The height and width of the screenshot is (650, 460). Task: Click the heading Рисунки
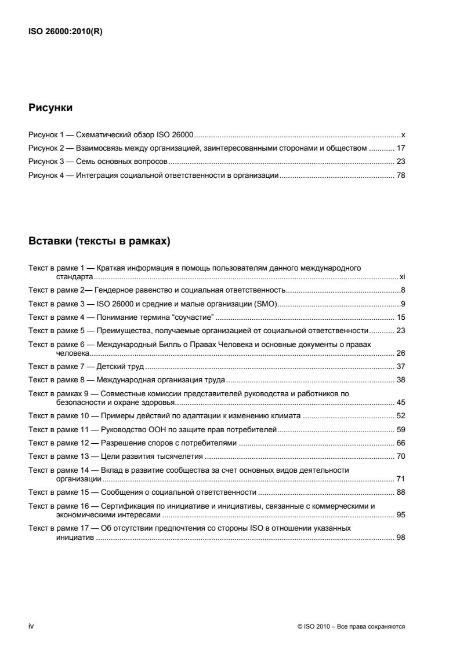tap(51, 108)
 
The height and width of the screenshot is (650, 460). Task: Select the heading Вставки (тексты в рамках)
tap(99, 242)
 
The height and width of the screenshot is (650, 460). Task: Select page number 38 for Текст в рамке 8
tap(400, 381)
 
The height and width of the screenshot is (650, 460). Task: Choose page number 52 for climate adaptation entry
tap(400, 416)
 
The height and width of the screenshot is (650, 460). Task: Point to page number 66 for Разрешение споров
tap(400, 443)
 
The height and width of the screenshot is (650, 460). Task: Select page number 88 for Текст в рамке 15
tap(400, 492)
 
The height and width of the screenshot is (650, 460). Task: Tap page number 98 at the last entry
tap(400, 538)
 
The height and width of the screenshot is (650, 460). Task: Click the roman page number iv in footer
tap(31, 626)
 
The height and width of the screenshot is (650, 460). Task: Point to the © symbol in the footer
tap(299, 627)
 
